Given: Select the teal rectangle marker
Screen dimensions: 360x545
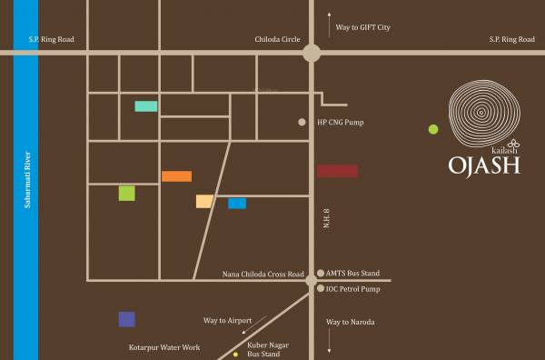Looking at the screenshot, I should [146, 106].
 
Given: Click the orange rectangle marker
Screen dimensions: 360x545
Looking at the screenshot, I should [176, 176].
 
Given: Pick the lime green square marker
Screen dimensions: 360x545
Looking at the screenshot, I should [126, 193].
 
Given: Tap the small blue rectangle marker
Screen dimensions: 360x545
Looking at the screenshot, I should [237, 204].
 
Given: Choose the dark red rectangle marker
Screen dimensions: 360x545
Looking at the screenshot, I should [337, 171].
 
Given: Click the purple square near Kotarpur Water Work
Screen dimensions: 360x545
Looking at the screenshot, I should [126, 319].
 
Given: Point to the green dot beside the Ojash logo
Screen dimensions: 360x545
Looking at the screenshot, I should [433, 129].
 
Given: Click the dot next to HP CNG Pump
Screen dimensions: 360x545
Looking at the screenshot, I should [302, 122].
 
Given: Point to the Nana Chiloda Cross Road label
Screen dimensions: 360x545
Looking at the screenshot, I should [263, 274].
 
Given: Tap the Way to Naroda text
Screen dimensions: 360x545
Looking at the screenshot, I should [351, 323].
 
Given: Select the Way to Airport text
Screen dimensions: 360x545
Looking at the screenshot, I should [227, 321].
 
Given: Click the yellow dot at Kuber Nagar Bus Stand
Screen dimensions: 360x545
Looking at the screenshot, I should [234, 343].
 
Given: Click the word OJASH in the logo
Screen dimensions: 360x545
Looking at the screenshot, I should [483, 165].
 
